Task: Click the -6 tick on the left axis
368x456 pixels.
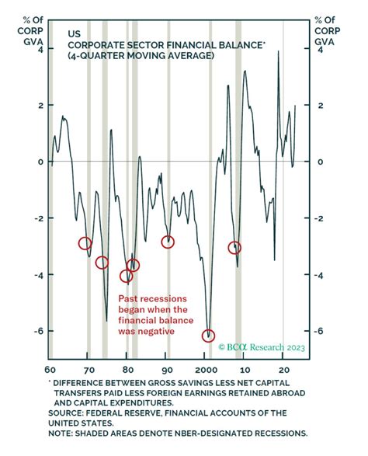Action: (x=34, y=331)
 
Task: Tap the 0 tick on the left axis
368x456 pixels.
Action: (x=36, y=162)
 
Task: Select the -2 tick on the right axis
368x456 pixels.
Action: (x=318, y=218)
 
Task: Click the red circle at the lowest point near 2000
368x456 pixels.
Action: (x=208, y=336)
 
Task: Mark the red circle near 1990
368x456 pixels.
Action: (x=168, y=242)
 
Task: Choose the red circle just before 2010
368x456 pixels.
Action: (x=234, y=248)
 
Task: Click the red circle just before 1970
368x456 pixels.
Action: (x=85, y=243)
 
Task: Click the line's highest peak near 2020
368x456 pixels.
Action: (x=279, y=53)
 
